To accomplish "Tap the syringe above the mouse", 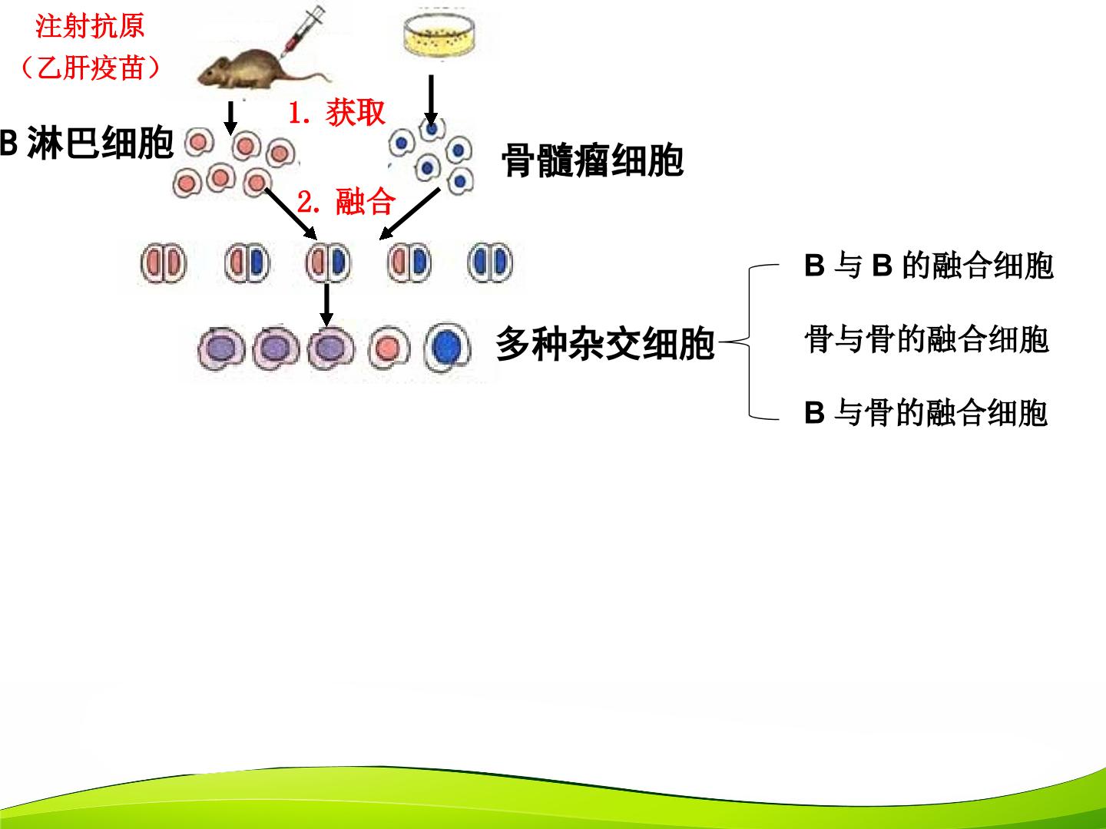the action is pos(303,30).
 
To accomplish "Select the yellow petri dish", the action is pos(439,35).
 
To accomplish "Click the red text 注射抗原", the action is pos(90,26).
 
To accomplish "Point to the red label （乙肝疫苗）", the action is pos(91,68).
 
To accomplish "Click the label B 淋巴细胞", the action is pos(87,143).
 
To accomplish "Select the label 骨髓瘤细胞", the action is pos(592,161).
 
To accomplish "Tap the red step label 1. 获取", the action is pos(336,112).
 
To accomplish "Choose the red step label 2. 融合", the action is pos(346,201).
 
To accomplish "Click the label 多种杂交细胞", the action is pos(605,344).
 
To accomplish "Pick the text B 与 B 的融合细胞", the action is pos(929,266).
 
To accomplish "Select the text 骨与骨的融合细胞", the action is pos(926,339).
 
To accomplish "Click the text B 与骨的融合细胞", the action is pos(926,413).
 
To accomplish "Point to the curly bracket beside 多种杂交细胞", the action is pos(750,342).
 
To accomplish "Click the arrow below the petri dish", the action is pos(431,101).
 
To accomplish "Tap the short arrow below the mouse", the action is pos(230,118).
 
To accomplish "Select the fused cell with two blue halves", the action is pos(490,263).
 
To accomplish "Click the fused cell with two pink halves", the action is pos(164,263).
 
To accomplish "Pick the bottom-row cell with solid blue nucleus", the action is pos(447,348).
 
